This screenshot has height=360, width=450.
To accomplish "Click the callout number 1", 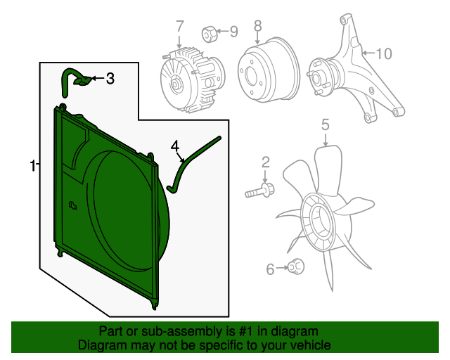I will coord(32,166).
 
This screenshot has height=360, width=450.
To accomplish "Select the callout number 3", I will coord(110,79).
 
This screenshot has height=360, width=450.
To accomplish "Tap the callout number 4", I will coord(175,146).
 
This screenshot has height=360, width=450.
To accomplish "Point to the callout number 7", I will coord(180,27).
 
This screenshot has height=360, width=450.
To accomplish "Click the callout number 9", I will coord(234,31).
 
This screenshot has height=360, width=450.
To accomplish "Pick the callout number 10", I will coord(383,53).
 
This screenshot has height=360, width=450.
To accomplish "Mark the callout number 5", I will coord(326,126).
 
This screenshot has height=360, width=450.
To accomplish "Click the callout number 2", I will coord(266,163).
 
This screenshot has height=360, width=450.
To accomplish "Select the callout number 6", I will coord(271,268).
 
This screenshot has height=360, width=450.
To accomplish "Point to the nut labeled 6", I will coord(295,266).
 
